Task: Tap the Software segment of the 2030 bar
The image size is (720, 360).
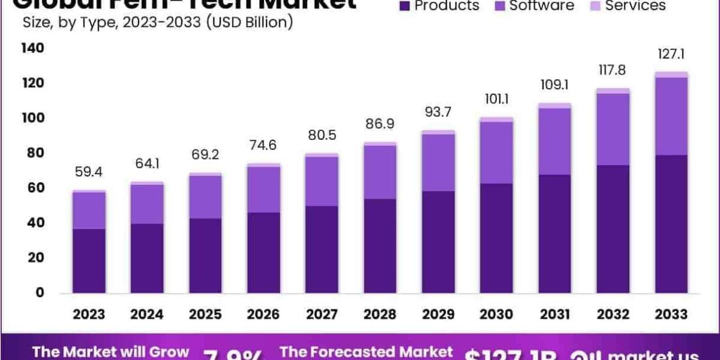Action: click(496, 152)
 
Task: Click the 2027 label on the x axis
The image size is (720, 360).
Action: click(323, 314)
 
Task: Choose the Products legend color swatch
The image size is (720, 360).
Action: click(404, 6)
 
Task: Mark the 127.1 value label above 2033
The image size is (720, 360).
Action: click(671, 55)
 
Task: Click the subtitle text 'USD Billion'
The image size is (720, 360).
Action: click(247, 23)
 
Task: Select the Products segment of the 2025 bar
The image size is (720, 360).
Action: click(206, 256)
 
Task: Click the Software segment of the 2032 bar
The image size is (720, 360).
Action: click(613, 130)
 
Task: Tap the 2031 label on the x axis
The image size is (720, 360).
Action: click(555, 314)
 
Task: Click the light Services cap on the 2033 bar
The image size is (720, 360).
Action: click(671, 74)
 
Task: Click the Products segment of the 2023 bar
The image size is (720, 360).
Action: click(89, 261)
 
